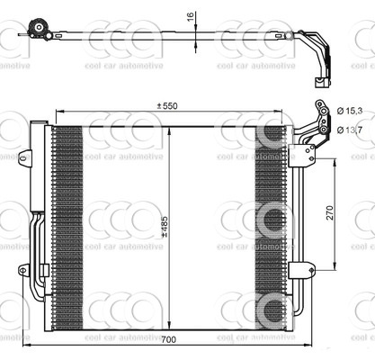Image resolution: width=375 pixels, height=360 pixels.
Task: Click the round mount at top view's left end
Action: point(38,32)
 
